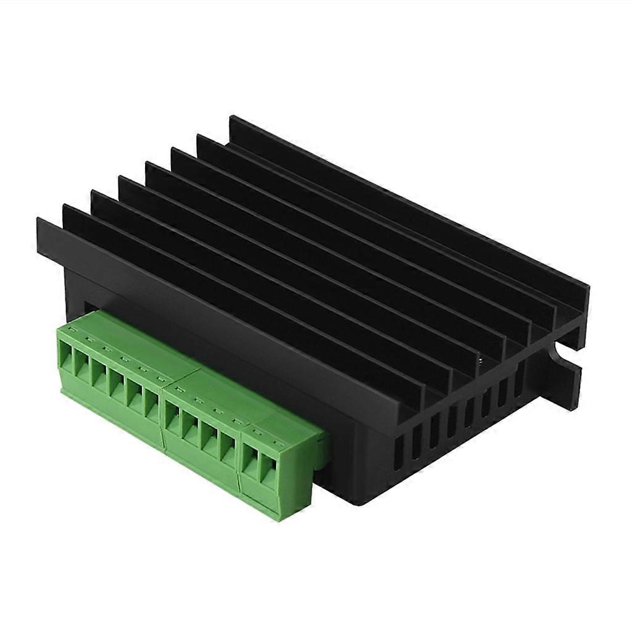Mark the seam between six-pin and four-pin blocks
163,407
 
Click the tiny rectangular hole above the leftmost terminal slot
72,333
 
